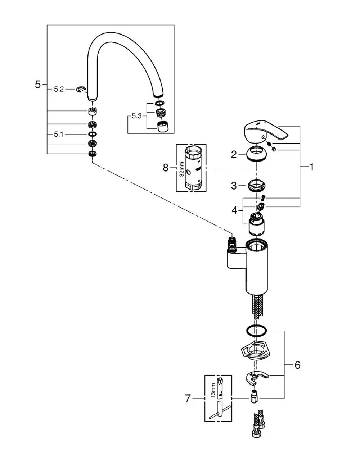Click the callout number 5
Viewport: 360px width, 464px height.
(x=38, y=85)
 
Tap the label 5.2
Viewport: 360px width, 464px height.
(x=59, y=89)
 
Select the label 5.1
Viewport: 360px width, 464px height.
(x=59, y=134)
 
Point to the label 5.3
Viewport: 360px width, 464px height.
(x=137, y=116)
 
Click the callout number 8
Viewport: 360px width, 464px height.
(x=166, y=168)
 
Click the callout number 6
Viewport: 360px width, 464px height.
(x=297, y=365)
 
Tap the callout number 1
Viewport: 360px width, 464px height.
(x=312, y=167)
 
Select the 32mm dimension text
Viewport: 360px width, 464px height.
(x=181, y=169)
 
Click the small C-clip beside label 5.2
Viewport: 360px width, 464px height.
(x=81, y=89)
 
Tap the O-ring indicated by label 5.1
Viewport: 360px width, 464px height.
(x=92, y=134)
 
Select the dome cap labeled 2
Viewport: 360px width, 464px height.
(x=256, y=153)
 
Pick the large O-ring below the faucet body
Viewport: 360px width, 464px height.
(x=256, y=331)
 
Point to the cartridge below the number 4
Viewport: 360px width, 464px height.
(x=256, y=224)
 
